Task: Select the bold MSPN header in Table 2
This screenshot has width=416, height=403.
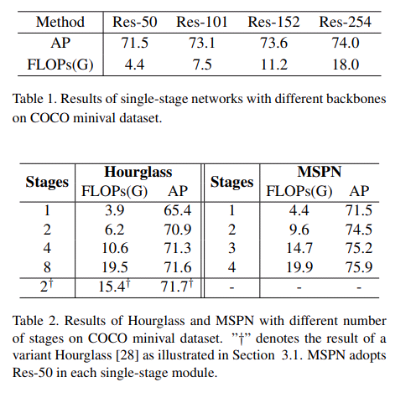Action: click(319, 172)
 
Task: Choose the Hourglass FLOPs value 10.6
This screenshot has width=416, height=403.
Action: click(116, 249)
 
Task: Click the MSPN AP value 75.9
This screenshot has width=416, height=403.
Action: click(359, 267)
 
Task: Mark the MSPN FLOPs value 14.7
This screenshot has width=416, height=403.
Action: click(299, 249)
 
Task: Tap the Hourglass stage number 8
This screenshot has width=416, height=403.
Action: click(47, 267)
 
